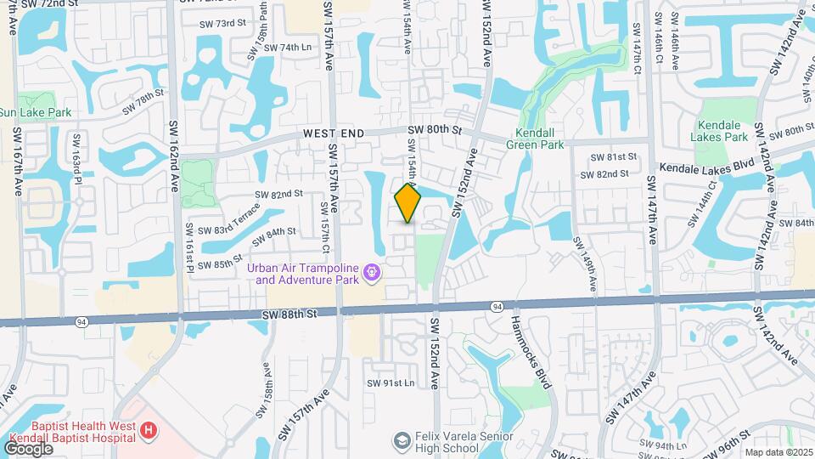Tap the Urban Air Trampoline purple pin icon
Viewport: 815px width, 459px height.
(370, 273)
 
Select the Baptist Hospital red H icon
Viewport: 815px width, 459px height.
(149, 431)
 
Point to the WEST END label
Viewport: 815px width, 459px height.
(334, 133)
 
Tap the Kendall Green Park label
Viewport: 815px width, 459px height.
(539, 139)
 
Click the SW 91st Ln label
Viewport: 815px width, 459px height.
(390, 383)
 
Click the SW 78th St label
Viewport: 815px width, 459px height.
(142, 103)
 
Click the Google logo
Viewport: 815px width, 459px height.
(27, 448)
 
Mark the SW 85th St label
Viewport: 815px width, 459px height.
(220, 260)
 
